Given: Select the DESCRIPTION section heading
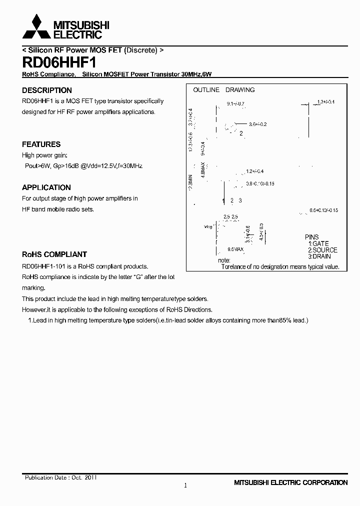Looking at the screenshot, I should pyautogui.click(x=47, y=90).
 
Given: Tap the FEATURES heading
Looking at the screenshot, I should pyautogui.click(x=41, y=144).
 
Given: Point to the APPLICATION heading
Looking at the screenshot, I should pyautogui.click(x=46, y=187).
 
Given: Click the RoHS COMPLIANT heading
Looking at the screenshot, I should pyautogui.click(x=54, y=254).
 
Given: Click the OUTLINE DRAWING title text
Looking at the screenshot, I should pyautogui.click(x=224, y=90).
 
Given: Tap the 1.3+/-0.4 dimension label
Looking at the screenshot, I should pyautogui.click(x=325, y=102).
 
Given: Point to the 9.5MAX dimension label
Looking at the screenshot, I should pyautogui.click(x=235, y=249).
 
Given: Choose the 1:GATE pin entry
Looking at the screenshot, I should pyautogui.click(x=318, y=243).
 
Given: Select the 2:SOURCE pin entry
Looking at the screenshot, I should pyautogui.click(x=322, y=250).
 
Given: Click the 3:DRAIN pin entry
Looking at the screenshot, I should pyautogui.click(x=319, y=256).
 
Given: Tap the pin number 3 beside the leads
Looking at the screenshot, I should pyautogui.click(x=240, y=200).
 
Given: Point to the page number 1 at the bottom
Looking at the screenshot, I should pyautogui.click(x=185, y=485).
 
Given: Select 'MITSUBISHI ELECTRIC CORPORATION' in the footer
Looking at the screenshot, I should pyautogui.click(x=290, y=483).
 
